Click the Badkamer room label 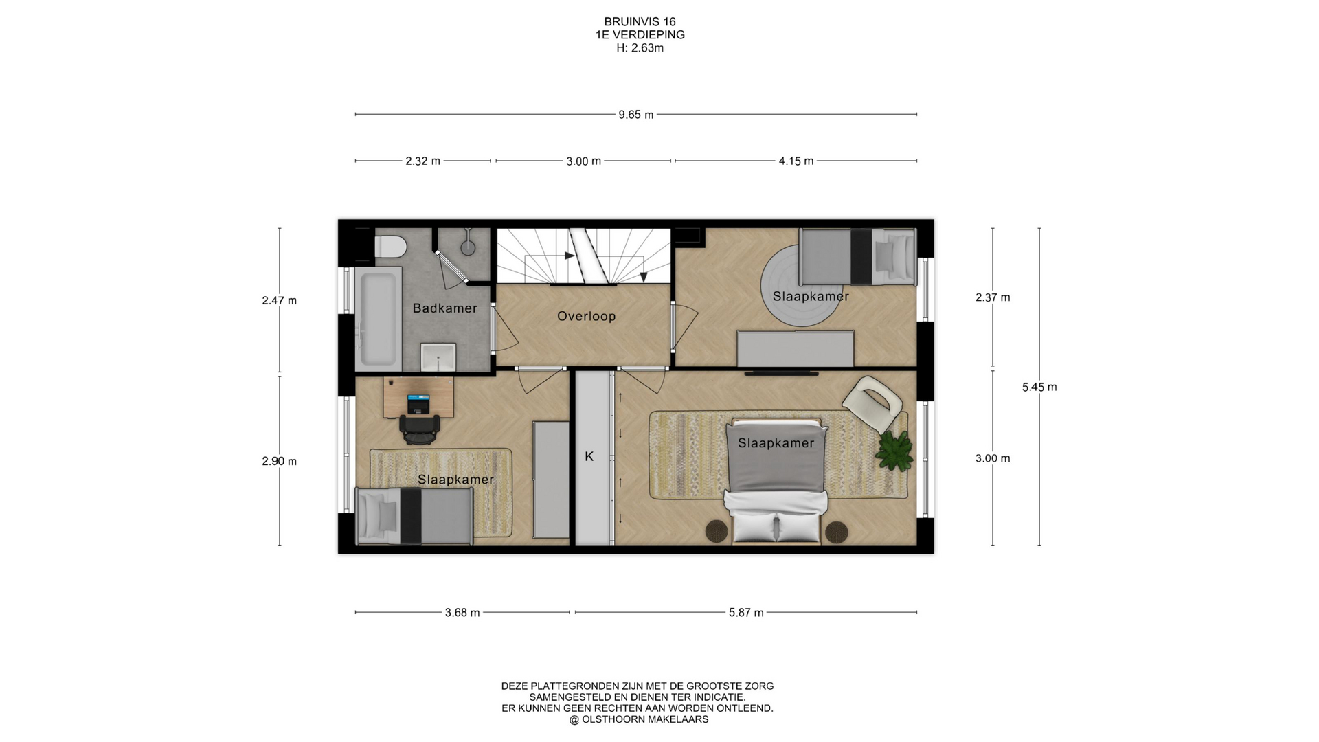pyautogui.click(x=444, y=308)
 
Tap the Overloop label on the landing pyautogui.click(x=586, y=316)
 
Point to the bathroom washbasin pyautogui.click(x=438, y=357)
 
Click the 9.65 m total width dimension pyautogui.click(x=635, y=115)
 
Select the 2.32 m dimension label pyautogui.click(x=422, y=161)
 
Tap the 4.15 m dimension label pyautogui.click(x=796, y=161)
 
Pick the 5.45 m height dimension pyautogui.click(x=1039, y=387)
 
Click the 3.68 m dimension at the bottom pyautogui.click(x=462, y=613)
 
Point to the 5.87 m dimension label pyautogui.click(x=746, y=613)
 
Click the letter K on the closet pyautogui.click(x=589, y=456)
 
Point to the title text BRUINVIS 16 pyautogui.click(x=640, y=22)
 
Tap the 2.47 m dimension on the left pyautogui.click(x=280, y=300)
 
